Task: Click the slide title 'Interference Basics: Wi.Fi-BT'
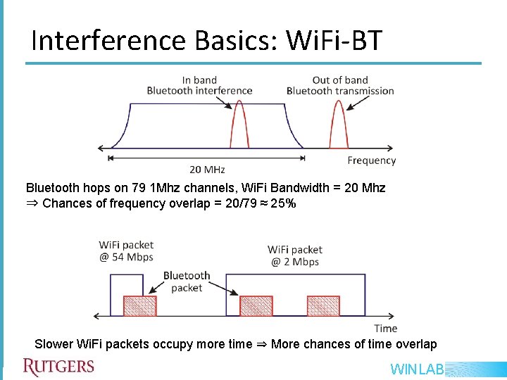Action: click(206, 41)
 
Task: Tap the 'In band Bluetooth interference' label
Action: click(199, 85)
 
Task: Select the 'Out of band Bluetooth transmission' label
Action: click(340, 85)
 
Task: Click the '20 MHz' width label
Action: click(207, 170)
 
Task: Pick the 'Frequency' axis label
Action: click(371, 160)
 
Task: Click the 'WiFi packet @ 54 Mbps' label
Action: click(126, 251)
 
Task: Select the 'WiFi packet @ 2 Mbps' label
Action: click(294, 255)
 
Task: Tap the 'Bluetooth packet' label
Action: click(187, 281)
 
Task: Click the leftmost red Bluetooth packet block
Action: click(139, 305)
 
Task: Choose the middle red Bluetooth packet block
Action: click(256, 305)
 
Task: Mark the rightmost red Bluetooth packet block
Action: click(323, 305)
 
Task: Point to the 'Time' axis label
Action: click(385, 328)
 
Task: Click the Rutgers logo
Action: click(58, 367)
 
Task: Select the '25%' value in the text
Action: click(284, 203)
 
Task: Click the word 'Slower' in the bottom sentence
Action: click(54, 344)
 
